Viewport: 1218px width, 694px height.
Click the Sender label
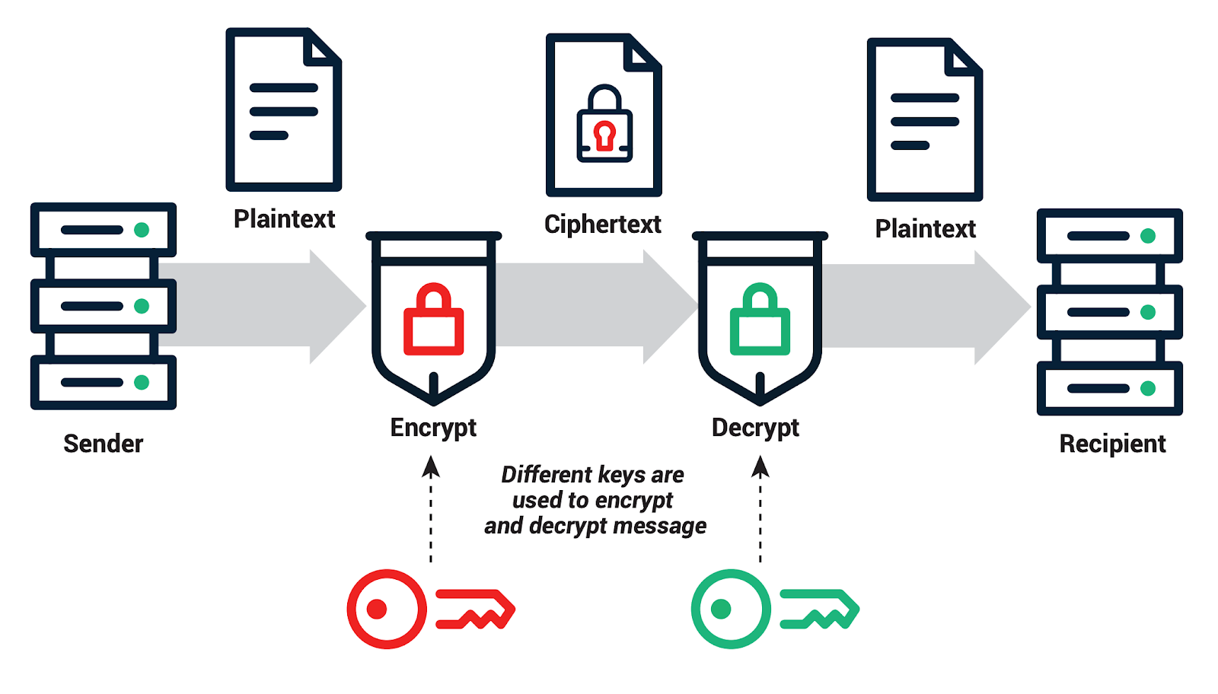pyautogui.click(x=103, y=443)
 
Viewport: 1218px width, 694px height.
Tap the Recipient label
pyautogui.click(x=1112, y=443)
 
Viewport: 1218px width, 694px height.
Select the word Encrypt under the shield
pyautogui.click(x=433, y=428)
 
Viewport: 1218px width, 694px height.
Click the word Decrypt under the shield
pyautogui.click(x=755, y=428)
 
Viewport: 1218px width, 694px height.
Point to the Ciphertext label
pyautogui.click(x=602, y=224)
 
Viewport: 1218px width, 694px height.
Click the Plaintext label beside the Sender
pyautogui.click(x=284, y=219)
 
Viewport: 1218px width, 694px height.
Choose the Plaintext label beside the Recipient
pyautogui.click(x=925, y=228)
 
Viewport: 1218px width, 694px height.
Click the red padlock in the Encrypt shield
pyautogui.click(x=433, y=320)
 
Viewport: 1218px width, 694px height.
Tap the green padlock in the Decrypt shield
pyautogui.click(x=760, y=320)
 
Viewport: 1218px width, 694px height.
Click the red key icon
pyautogui.click(x=431, y=609)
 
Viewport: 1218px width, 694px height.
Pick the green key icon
pyautogui.click(x=775, y=609)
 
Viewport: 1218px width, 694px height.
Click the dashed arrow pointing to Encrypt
pyautogui.click(x=431, y=510)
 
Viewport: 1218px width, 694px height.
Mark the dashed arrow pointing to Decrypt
pyautogui.click(x=760, y=510)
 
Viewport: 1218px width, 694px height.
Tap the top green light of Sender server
pyautogui.click(x=142, y=230)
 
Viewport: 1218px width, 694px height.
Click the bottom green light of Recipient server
pyautogui.click(x=1148, y=389)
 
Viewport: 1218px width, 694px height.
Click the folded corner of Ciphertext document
pyautogui.click(x=643, y=55)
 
